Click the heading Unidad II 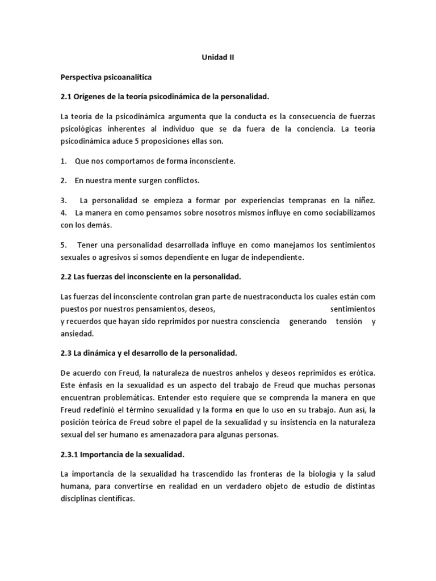pyautogui.click(x=218, y=57)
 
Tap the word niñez pyautogui.click(x=363, y=200)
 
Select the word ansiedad pyautogui.click(x=77, y=334)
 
